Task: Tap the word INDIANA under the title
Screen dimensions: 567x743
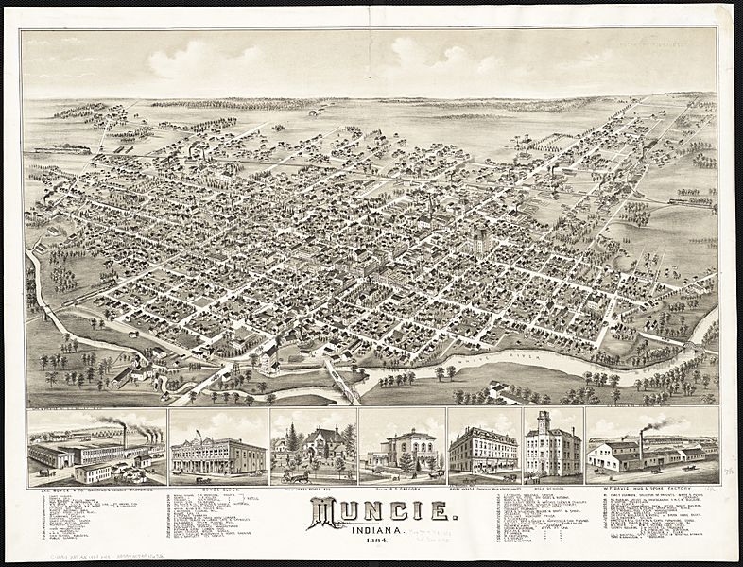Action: point(371,530)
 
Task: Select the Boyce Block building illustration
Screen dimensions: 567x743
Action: point(216,456)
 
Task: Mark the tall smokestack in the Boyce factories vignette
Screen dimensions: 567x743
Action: point(124,436)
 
